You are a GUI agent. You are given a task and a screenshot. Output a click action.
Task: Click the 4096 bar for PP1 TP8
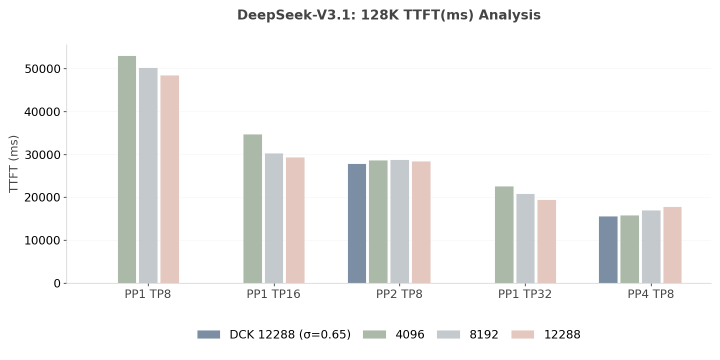127,169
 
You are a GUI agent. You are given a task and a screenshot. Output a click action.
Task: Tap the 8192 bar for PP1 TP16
274,218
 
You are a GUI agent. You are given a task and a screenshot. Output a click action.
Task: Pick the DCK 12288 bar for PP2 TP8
357,223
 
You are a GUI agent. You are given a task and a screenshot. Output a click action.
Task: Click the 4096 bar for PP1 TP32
504,234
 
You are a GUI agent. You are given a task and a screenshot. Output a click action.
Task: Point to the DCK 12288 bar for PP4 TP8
608,249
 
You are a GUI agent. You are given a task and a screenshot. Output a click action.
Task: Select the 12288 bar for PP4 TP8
672,245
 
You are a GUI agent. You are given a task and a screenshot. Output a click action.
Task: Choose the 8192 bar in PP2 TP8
399,221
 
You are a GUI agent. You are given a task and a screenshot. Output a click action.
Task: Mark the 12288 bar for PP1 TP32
546,241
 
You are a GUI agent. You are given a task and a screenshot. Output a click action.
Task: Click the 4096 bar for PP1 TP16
252,208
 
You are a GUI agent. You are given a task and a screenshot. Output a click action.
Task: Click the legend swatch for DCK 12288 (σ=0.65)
208,334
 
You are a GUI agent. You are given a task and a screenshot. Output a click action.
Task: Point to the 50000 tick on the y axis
42,69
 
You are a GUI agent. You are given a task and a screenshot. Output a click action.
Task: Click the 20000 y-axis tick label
42,197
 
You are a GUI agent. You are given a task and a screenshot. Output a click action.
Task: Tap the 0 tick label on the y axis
57,283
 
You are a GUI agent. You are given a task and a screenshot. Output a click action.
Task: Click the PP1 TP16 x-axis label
273,294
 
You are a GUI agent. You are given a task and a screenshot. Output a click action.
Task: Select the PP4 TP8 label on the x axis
651,294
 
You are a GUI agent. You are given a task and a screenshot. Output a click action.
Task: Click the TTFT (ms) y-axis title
14,163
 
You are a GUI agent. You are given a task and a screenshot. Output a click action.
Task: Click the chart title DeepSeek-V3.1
388,15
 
